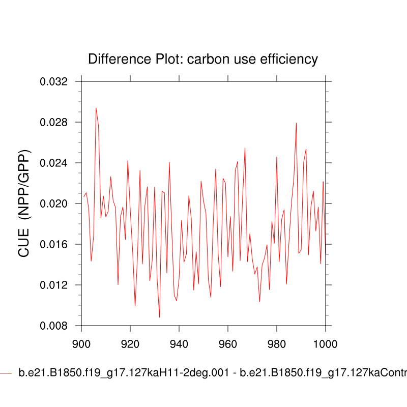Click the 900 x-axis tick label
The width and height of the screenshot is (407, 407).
click(x=81, y=336)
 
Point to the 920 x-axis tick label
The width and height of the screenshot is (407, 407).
click(x=130, y=336)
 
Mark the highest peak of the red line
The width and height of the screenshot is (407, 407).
click(x=96, y=108)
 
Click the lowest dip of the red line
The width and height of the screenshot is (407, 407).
click(x=159, y=317)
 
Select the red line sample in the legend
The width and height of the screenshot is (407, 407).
click(x=6, y=373)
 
